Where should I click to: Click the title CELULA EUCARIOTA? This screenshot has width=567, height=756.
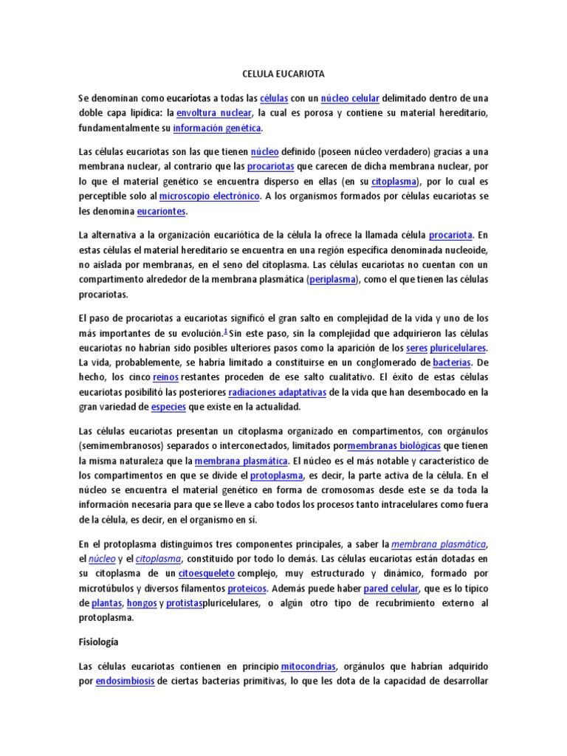click(283, 75)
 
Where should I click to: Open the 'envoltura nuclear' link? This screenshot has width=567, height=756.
click(215, 113)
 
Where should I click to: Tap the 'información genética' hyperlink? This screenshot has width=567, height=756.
click(217, 128)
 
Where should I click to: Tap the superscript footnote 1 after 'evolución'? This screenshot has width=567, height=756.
click(225, 331)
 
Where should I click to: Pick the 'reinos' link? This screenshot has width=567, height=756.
click(165, 377)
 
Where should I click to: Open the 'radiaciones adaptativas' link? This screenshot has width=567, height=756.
click(278, 392)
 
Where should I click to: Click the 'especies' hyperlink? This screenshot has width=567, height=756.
click(168, 407)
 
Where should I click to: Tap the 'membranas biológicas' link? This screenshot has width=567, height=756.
click(394, 446)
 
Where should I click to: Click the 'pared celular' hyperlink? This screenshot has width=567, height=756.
click(391, 588)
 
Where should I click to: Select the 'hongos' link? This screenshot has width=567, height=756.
click(142, 603)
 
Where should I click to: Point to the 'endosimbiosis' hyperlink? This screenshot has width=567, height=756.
click(125, 681)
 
